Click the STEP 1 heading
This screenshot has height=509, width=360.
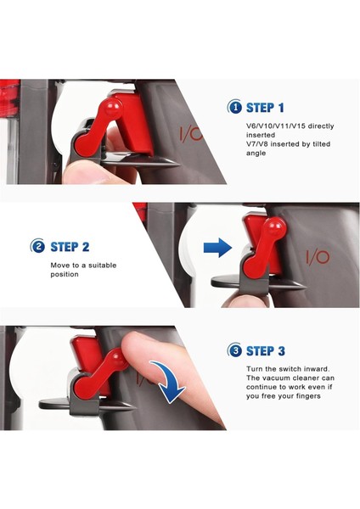click(265, 108)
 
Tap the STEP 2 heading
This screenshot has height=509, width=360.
click(70, 247)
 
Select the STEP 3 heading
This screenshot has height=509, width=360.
click(266, 351)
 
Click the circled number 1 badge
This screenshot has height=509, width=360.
click(234, 107)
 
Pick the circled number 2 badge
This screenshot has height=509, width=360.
click(37, 246)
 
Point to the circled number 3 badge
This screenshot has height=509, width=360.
click(234, 350)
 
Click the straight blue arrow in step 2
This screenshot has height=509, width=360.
click(217, 248)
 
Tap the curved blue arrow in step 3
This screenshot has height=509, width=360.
click(169, 380)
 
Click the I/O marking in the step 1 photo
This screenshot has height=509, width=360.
click(191, 134)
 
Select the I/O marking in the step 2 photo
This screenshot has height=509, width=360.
click(318, 257)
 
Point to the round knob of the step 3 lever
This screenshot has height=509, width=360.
click(118, 359)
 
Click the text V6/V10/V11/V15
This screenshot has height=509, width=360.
click(276, 126)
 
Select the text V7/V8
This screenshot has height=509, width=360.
click(257, 144)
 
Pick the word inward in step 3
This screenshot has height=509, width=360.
click(317, 369)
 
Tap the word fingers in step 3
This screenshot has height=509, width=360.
click(307, 396)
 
